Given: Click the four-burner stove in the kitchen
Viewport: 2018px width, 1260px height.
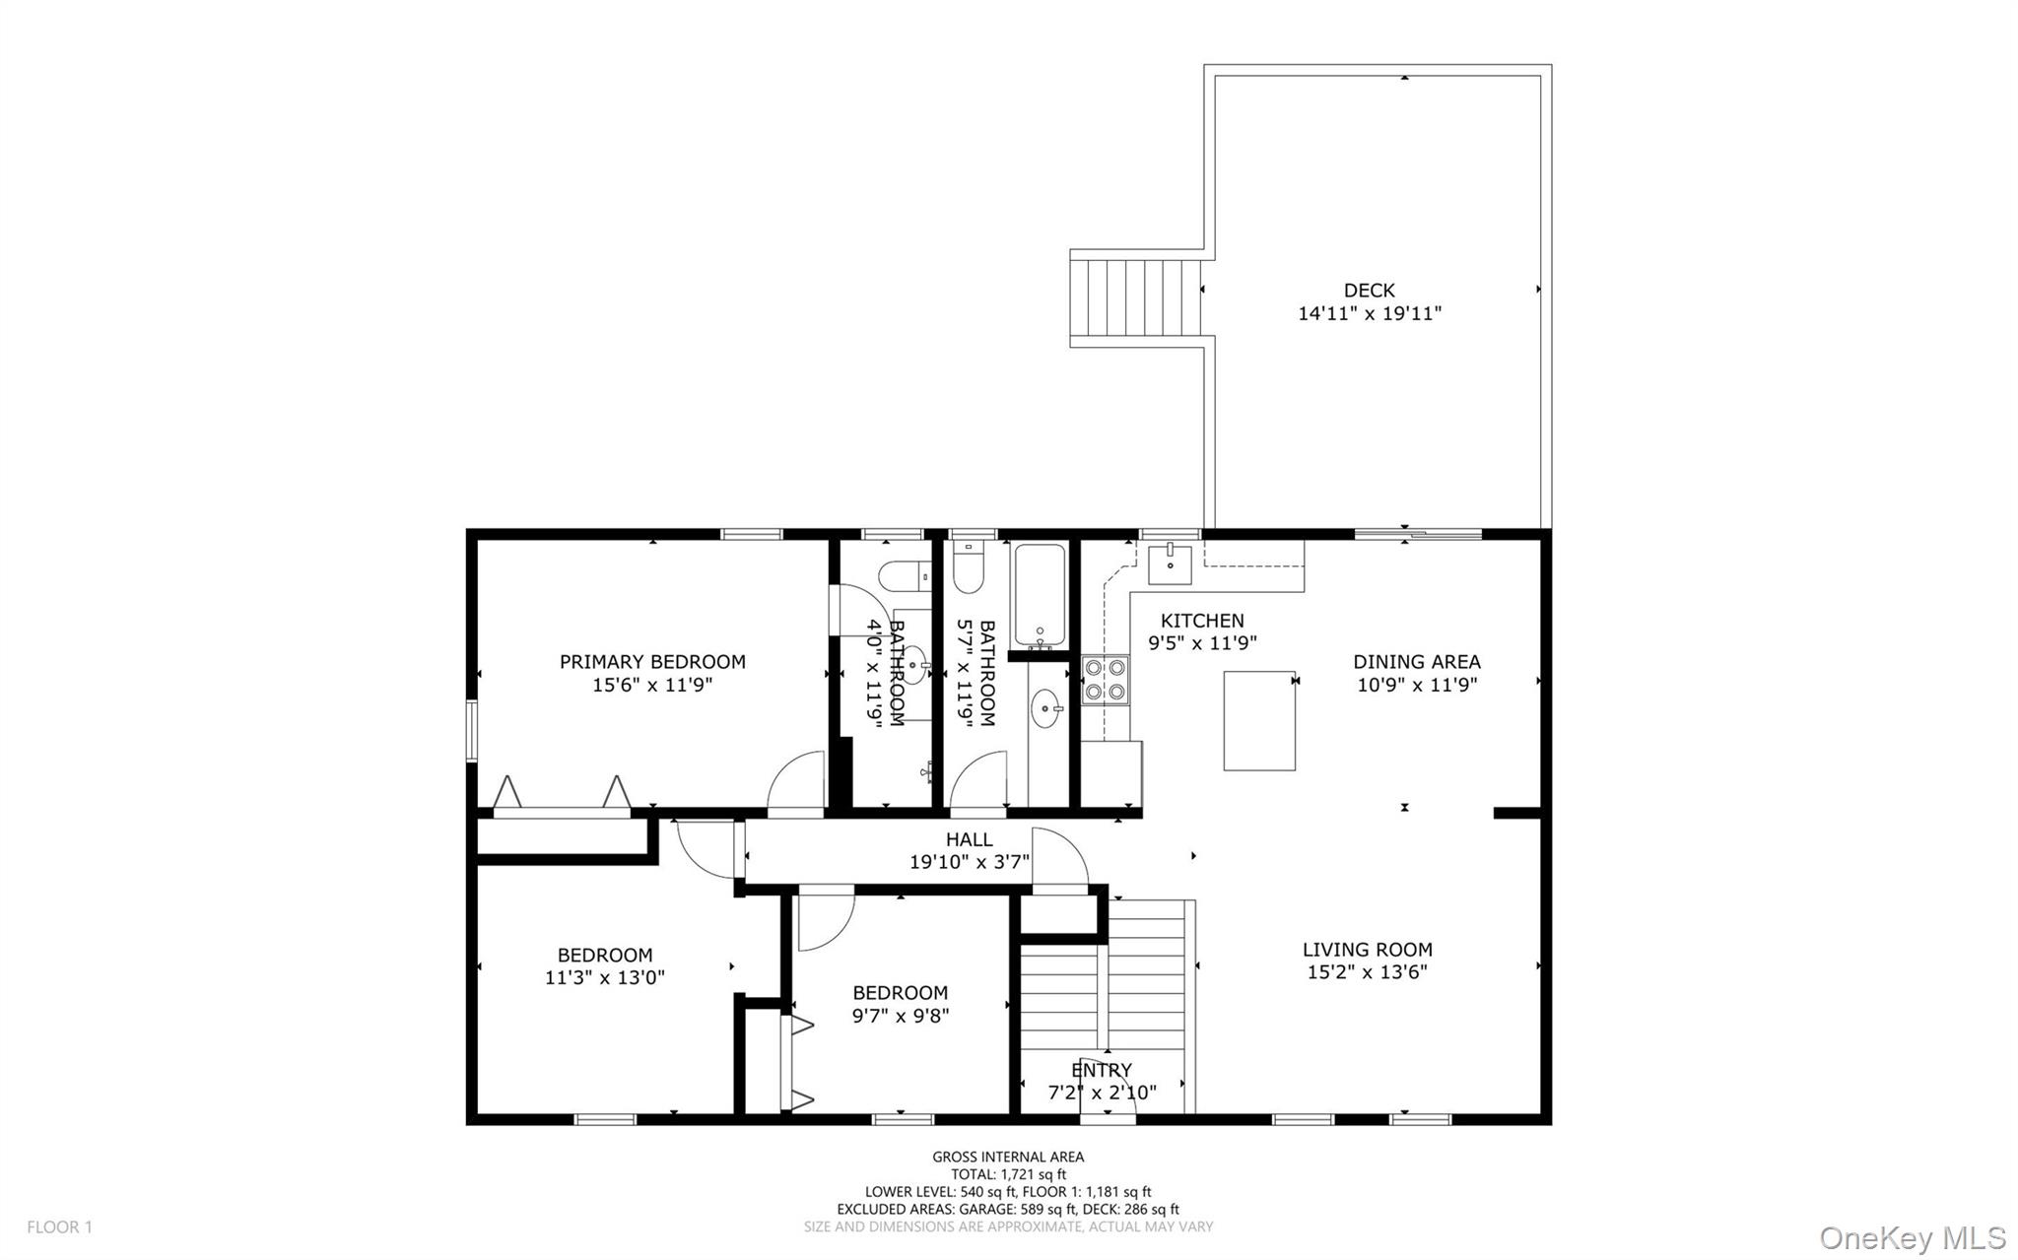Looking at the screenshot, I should pos(1105,680).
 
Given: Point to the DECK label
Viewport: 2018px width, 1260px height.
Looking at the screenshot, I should pos(1369,290).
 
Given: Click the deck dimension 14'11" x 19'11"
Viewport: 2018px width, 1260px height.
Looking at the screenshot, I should pos(1369,314).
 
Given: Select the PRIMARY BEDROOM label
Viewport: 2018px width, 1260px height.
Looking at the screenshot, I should pos(652,662).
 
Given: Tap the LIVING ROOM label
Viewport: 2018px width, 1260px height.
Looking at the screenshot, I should pos(1367,950).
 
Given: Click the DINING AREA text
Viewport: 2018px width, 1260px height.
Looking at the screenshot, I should pos(1416,662).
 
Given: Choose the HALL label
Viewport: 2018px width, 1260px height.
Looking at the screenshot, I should pos(969,839).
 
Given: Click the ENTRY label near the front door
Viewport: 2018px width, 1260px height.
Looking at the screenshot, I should pos(1101,1070).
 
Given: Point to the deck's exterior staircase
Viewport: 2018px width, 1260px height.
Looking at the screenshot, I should pos(1136,298).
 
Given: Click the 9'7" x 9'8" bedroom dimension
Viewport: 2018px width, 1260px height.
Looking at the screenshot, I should pos(900,1016).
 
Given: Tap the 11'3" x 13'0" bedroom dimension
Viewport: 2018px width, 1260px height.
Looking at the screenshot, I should pos(604,978).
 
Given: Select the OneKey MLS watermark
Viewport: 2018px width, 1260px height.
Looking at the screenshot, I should pos(1912,1237).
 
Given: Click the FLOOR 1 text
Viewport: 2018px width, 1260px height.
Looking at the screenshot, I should pos(59,1227).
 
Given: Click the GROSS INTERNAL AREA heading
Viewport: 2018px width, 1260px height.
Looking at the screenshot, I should pos(1008,1157).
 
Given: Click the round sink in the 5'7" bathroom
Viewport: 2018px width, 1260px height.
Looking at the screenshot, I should pos(1046,706).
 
